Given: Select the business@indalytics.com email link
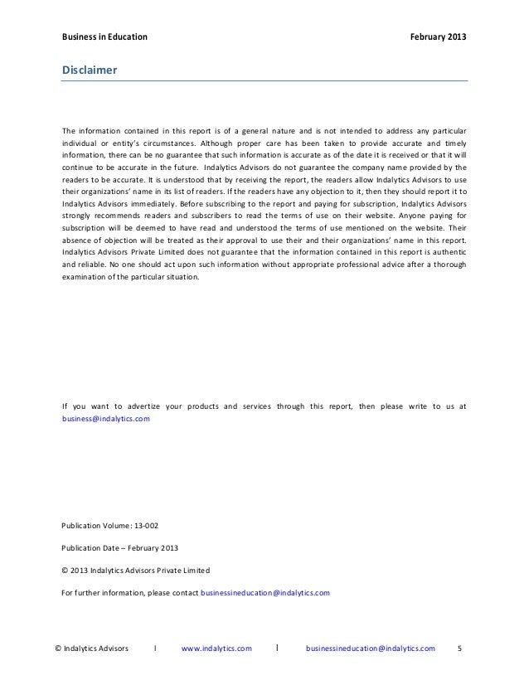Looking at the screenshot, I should [x=106, y=420].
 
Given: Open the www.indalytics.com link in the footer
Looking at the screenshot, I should [x=216, y=648].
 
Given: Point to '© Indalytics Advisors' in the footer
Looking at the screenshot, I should [x=91, y=648].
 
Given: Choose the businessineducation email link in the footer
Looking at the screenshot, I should [x=370, y=648].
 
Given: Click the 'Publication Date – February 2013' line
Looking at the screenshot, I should [x=119, y=549].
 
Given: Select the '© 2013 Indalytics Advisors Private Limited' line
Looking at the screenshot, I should [x=136, y=571].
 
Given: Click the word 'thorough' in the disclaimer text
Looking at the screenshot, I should [x=448, y=265].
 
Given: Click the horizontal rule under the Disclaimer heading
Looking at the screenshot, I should [x=264, y=80].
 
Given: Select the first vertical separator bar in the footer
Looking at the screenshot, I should [x=156, y=648].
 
